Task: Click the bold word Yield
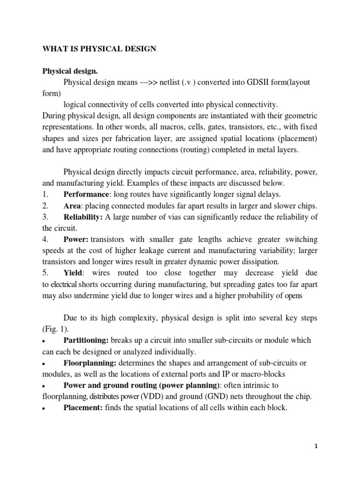(x=73, y=272)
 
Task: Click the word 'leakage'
(x=164, y=250)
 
